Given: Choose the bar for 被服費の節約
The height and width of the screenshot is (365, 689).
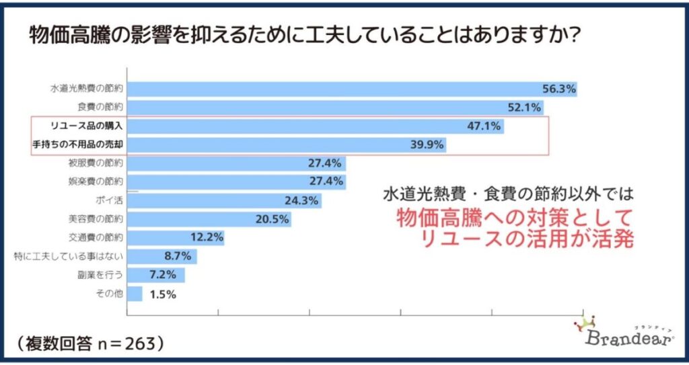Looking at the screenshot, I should point(235,163).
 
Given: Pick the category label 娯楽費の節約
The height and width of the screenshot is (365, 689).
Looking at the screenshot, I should point(96,181).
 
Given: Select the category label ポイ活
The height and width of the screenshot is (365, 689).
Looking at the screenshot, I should point(108,200).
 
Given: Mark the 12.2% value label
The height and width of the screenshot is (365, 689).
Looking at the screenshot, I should point(206,237).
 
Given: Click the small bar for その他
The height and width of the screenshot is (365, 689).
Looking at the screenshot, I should point(135,294).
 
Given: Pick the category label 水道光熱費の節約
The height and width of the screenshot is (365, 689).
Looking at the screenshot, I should point(87,89).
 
